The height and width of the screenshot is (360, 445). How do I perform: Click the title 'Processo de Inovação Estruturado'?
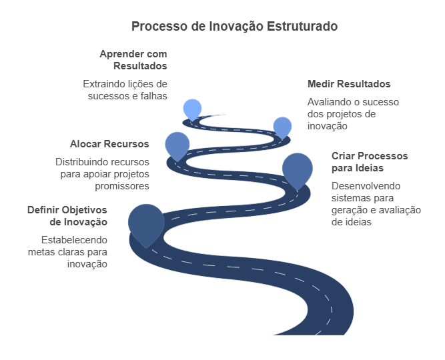pyautogui.click(x=234, y=27)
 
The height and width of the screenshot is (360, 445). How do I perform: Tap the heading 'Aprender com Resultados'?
pyautogui.click(x=133, y=59)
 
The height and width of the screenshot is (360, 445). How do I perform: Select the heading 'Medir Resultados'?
pyautogui.click(x=349, y=84)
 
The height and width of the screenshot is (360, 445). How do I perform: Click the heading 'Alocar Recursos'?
pyautogui.click(x=109, y=144)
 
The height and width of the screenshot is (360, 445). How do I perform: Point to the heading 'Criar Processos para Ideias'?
pyautogui.click(x=370, y=162)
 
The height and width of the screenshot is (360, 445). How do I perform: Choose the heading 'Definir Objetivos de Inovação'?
pyautogui.click(x=67, y=215)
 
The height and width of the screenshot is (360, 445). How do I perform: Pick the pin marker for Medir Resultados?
pyautogui.click(x=282, y=126)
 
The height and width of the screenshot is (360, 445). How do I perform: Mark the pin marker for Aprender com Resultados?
pyautogui.click(x=192, y=108)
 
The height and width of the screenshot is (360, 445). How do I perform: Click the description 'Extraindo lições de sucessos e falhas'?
pyautogui.click(x=125, y=90)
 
